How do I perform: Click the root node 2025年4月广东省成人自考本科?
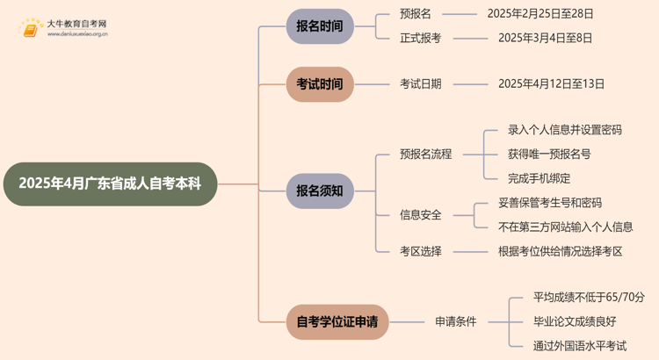pos(109,184)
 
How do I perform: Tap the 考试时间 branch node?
pos(319,84)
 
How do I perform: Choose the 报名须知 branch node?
pos(319,190)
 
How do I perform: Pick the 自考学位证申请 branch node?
pos(337,321)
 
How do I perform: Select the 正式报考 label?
pos(421,38)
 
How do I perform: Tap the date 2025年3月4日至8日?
pos(545,38)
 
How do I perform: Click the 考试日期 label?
pos(421,84)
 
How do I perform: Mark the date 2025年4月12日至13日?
pos(551,84)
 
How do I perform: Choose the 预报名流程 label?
pos(425,154)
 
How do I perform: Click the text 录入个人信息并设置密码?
pos(564,130)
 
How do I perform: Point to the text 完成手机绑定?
pos(540,178)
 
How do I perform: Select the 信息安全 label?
pos(421,214)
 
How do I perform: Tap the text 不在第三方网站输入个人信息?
pos(565,227)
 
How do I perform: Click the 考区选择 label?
pos(421,251)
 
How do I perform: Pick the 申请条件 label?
pos(455,321)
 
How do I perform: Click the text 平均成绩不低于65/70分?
pos(589,298)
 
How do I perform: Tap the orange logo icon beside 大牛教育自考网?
pos(31,29)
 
